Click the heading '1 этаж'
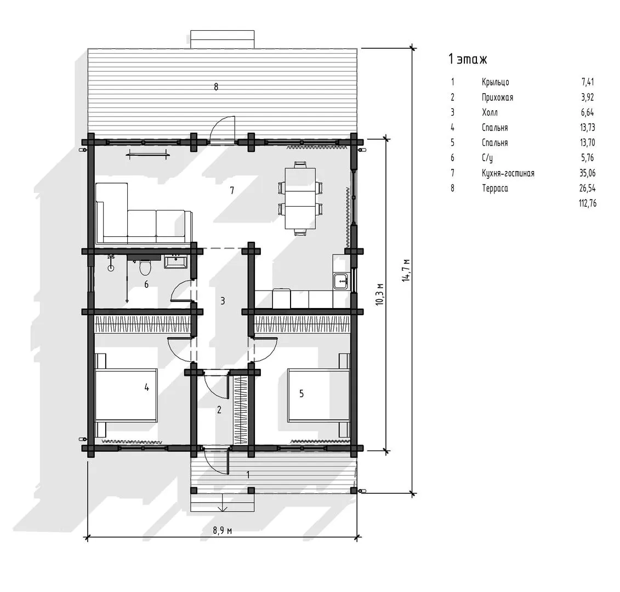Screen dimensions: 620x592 pos(468,59)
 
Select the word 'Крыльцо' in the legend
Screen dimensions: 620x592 pos(496,82)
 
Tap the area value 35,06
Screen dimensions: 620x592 pos(588,173)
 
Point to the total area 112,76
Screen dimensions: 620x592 pos(587,203)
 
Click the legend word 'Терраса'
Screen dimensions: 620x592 pos(494,188)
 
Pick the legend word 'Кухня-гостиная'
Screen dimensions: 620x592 pos(508,173)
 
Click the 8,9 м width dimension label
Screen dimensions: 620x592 pos(222,530)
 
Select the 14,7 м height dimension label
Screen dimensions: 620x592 pos(406,270)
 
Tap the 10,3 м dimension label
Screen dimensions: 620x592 pos(379,294)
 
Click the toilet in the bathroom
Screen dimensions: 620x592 pos(145,267)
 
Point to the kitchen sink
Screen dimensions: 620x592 pos(340,281)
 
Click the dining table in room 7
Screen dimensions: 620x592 pos(300,198)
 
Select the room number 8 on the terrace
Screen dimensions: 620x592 pos(216,87)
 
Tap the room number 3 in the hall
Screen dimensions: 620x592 pos(223,301)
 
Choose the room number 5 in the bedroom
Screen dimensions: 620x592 pos(302,394)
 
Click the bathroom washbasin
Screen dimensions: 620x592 pos(175,262)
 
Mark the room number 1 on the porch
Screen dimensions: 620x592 pos(248,475)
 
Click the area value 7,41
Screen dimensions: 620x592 pos(588,82)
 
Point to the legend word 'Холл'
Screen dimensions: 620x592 pos(490,112)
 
